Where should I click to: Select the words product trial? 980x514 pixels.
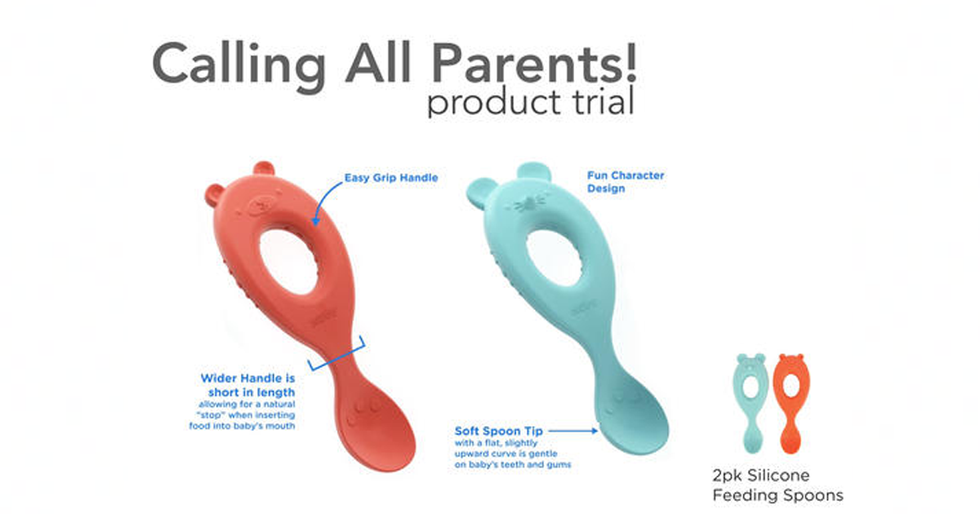coord(529,104)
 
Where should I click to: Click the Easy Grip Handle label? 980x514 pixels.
coord(390,177)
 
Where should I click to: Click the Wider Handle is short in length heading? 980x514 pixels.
coord(248,385)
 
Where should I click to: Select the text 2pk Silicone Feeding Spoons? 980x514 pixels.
coord(777,485)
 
